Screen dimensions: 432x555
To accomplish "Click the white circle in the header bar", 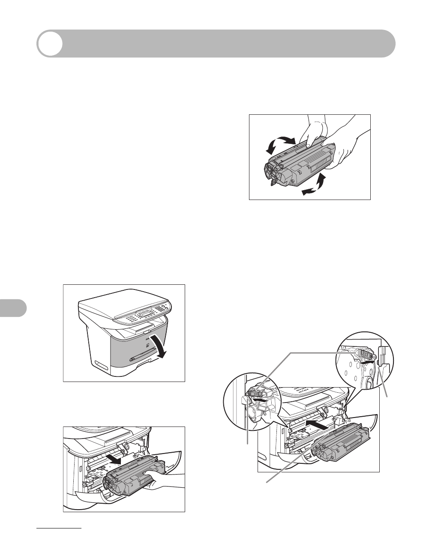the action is click(x=50, y=44).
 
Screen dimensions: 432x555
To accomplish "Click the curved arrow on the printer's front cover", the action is click(x=160, y=342).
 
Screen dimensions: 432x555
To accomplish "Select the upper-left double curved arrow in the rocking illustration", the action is click(x=279, y=143).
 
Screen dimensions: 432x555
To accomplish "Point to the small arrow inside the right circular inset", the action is click(x=369, y=362).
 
